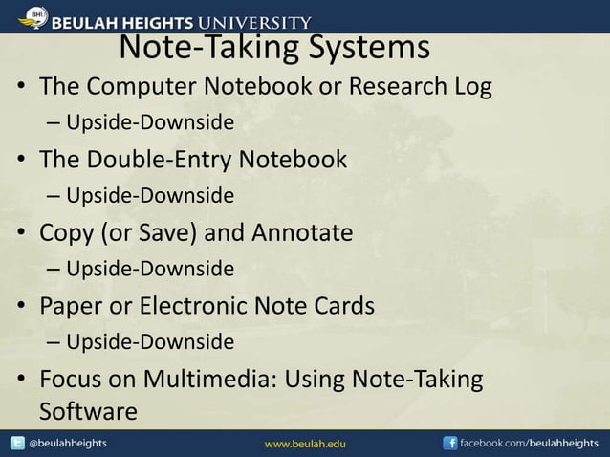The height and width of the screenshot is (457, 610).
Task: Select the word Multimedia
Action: tap(211, 379)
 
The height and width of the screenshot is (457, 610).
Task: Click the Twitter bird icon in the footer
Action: tap(17, 444)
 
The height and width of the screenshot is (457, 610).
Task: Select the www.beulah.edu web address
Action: tap(305, 445)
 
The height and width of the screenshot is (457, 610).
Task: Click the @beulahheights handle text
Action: tap(68, 445)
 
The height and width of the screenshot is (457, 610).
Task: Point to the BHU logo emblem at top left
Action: tap(35, 16)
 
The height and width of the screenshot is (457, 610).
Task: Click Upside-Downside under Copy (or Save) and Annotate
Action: tap(150, 270)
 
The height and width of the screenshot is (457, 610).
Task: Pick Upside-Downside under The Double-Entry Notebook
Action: tap(150, 196)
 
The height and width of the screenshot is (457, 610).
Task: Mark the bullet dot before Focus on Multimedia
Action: tap(20, 380)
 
